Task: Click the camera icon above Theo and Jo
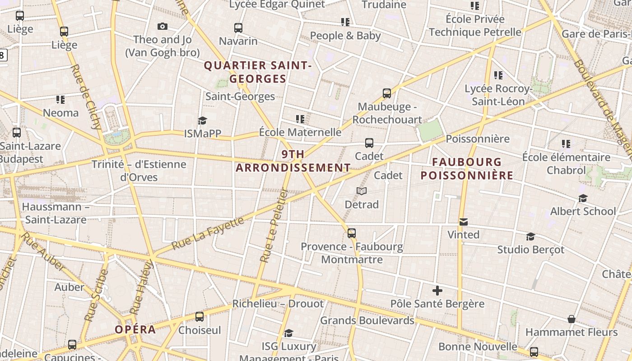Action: (x=163, y=27)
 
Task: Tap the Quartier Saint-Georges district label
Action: (x=258, y=72)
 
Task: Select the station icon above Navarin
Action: (x=238, y=28)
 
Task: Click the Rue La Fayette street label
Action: (x=209, y=236)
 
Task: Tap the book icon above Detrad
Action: (x=362, y=191)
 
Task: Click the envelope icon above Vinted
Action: (x=463, y=222)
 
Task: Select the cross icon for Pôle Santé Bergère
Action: (x=437, y=291)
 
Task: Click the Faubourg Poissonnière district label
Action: (x=467, y=169)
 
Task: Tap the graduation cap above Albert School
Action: (x=583, y=198)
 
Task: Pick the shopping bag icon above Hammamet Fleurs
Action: (x=571, y=319)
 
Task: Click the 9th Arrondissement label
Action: (x=293, y=161)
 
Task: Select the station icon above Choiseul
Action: (x=200, y=317)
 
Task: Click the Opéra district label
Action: (x=135, y=329)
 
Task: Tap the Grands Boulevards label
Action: (x=367, y=320)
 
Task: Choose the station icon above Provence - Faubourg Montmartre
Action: (x=352, y=233)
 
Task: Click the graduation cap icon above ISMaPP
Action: (x=202, y=120)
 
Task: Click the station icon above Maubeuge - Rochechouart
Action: (x=387, y=93)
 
